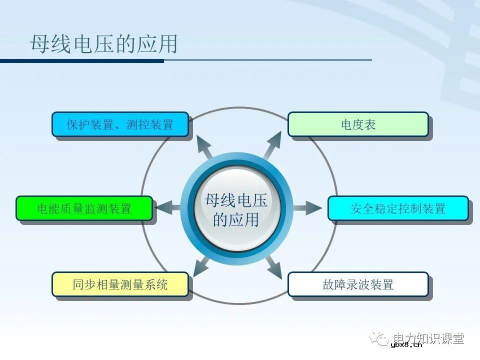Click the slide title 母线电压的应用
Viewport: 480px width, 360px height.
pos(104,44)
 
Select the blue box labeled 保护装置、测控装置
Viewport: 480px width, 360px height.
pos(120,124)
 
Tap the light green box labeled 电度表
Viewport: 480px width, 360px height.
pos(358,124)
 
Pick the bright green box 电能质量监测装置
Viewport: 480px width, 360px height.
pos(84,208)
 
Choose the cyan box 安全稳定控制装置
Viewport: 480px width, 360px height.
pos(398,208)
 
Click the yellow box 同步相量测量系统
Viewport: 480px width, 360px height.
pos(120,284)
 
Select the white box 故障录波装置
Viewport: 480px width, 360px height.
pos(358,284)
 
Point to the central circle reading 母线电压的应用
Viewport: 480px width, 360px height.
pos(236,209)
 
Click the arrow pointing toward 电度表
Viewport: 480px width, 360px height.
pos(272,145)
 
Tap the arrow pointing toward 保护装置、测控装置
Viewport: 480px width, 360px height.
pos(203,146)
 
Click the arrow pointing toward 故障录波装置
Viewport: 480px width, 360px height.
pos(273,266)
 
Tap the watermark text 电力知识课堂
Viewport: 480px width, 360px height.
pos(428,338)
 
